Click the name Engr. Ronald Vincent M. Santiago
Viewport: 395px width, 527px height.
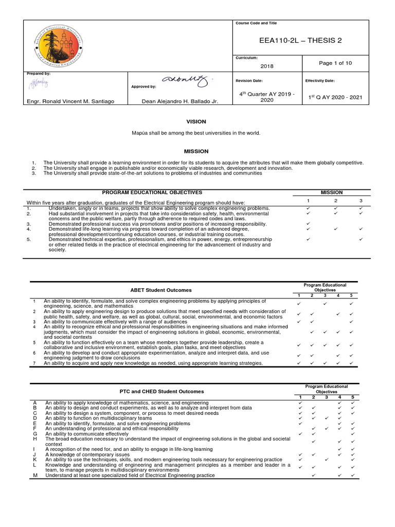pos(70,101)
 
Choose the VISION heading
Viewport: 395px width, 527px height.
pos(195,122)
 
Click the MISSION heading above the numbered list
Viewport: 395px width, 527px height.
pos(196,151)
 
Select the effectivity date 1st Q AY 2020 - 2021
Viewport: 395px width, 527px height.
pos(335,97)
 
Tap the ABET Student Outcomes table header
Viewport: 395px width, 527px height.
pos(162,290)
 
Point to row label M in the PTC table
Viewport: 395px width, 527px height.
pos(35,476)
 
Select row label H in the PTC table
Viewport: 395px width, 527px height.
pos(34,438)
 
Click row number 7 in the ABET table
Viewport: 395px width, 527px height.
pos(33,363)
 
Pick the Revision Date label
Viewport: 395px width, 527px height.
pos(248,81)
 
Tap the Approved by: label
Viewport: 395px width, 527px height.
pos(144,87)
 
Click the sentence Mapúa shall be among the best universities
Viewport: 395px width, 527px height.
pos(196,133)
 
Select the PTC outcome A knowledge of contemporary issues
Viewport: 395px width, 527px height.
pos(87,454)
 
